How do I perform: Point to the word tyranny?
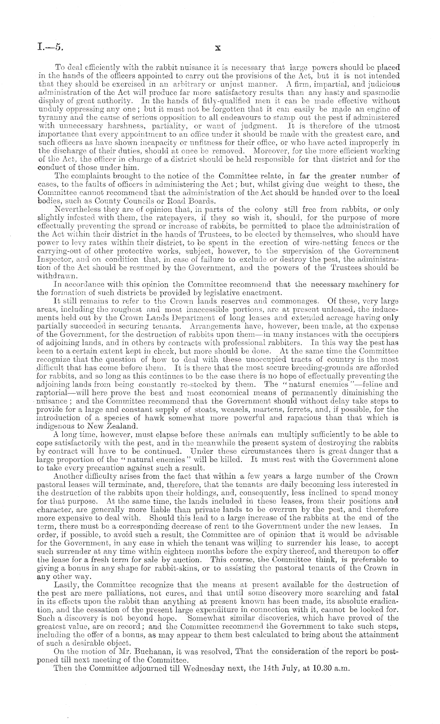click(51, 118)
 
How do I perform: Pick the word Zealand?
click(118, 426)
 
